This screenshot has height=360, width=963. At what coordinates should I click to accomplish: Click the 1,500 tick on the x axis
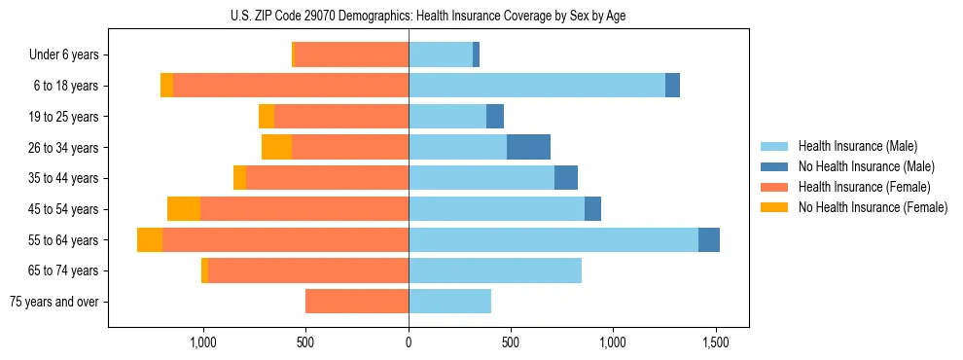pos(716,342)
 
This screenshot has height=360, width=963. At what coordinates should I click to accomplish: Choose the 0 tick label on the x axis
pos(409,342)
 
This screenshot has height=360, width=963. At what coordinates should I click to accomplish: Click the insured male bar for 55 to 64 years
pos(553,239)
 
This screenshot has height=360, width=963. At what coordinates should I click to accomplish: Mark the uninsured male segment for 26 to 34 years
pos(528,147)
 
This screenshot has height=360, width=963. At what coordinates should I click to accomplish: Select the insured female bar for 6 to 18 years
pos(291,86)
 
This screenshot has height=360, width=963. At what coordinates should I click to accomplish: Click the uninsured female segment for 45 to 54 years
pos(184,209)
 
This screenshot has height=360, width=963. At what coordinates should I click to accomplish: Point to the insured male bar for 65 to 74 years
pos(495,270)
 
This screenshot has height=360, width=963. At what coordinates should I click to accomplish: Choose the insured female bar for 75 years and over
pos(357,302)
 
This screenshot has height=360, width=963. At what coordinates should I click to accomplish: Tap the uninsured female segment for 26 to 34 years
pos(276,147)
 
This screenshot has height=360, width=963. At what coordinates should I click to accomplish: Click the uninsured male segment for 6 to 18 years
pos(672,86)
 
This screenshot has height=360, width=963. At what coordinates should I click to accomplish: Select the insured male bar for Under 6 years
pos(441,54)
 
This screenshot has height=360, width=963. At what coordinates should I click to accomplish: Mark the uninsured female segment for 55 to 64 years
pos(150,239)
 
